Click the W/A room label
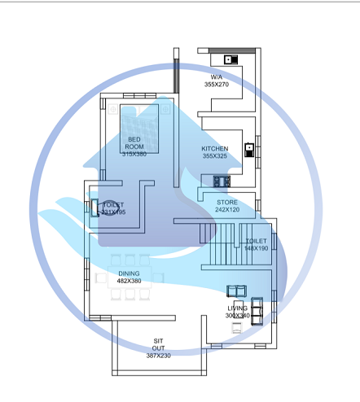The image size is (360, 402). pos(217,76)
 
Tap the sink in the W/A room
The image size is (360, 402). pos(229,59)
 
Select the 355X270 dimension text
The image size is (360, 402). pos(217,84)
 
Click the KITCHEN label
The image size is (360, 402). pos(216,148)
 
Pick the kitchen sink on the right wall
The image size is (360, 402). pos(248,149)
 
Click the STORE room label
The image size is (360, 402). pos(227,202)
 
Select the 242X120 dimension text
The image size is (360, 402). pos(227,210)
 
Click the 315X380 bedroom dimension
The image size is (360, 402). pos(134,154)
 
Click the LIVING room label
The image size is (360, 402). pos(238,308)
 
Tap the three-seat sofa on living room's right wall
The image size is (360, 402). pos(257,309)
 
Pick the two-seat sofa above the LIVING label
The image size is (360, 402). pos(237,291)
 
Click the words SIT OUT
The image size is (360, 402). pos(159,344)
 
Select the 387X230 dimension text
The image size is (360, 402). pos(159,356)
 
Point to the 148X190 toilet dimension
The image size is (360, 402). pos(257,248)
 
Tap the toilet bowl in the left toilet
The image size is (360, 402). pos(94,207)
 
